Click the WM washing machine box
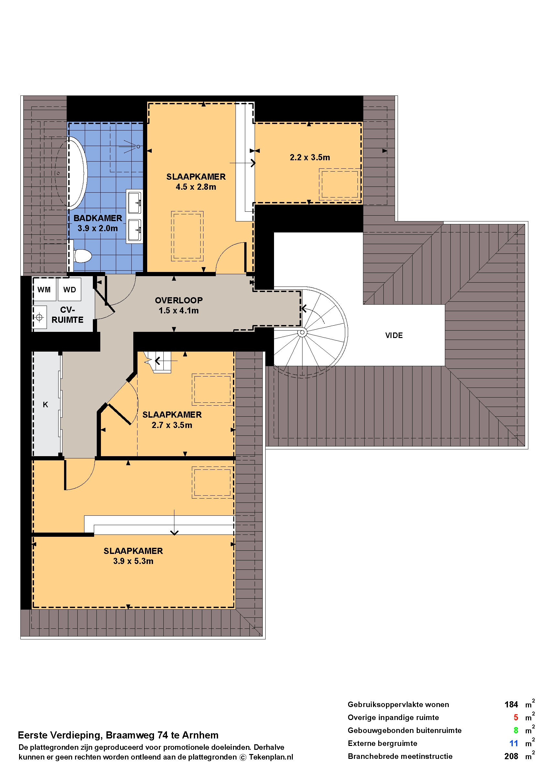pos(44,289)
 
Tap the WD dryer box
pos(70,289)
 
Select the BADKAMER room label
pos(98,218)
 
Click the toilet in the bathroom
pos(82,256)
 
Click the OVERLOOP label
pos(179,300)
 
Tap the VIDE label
pos(394,335)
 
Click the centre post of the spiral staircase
pos(302,333)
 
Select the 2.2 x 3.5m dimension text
pos(310,158)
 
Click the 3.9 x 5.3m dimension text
pos(133,561)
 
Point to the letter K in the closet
pos(45,405)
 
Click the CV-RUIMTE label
pos(67,315)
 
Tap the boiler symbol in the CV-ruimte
pos(39,318)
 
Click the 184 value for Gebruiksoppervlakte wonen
pos(511,705)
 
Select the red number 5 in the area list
pos(516,718)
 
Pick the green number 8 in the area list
pos(516,731)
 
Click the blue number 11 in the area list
pos(514,743)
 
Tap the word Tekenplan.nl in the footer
pos(271,757)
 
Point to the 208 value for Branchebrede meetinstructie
pos(511,756)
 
